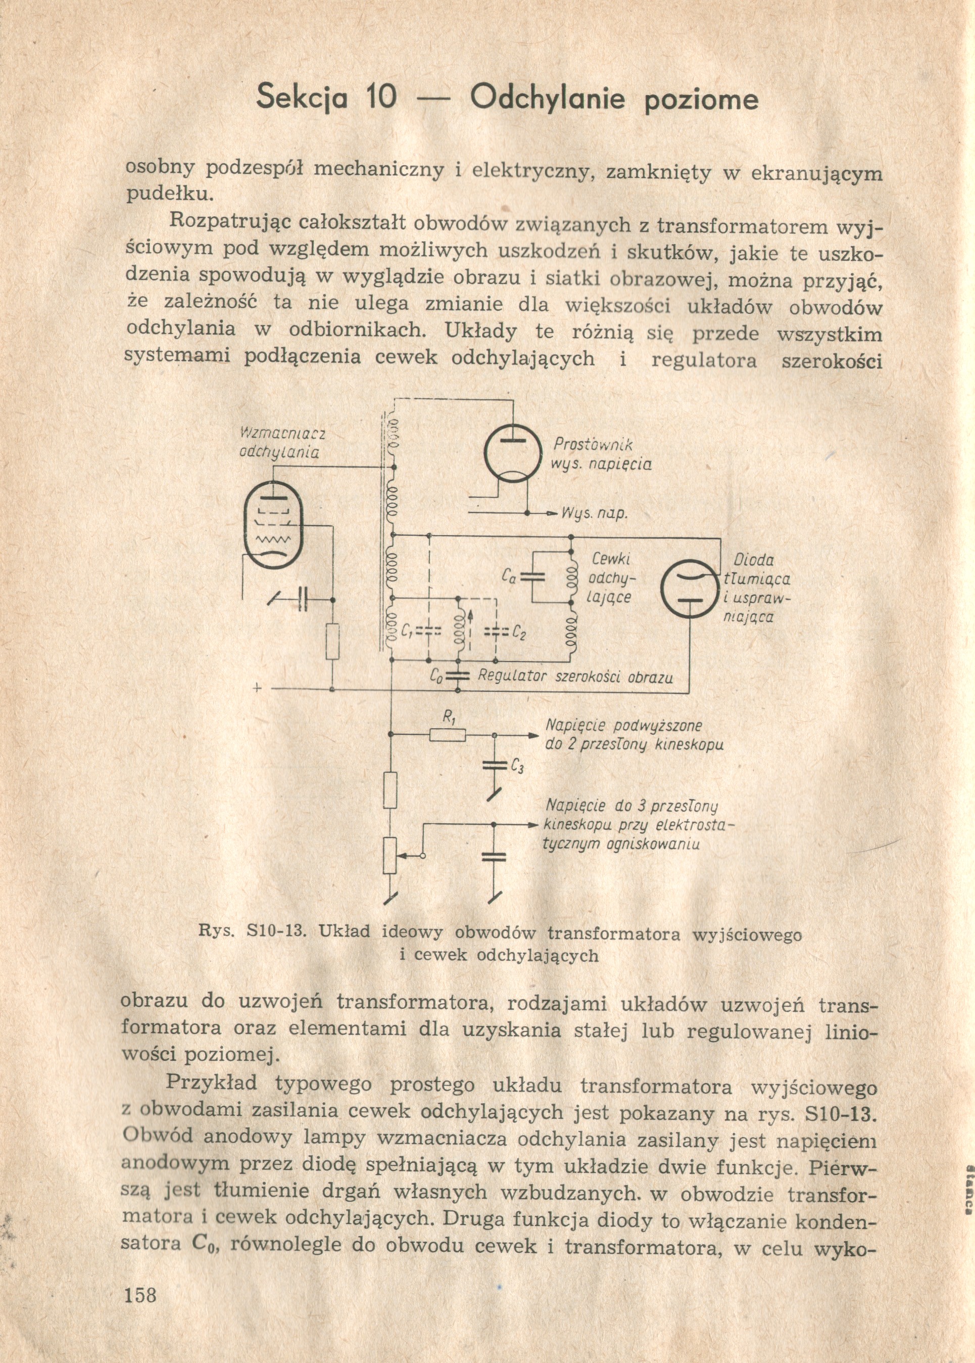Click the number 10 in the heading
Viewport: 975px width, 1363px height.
point(380,99)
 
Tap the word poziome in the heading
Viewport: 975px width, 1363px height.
point(701,101)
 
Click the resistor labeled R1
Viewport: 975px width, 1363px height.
point(448,734)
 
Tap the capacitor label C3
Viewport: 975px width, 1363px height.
point(517,767)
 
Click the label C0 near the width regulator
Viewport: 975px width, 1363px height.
point(437,676)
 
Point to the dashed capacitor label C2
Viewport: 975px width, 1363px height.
point(520,633)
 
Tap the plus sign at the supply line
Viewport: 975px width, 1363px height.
point(258,689)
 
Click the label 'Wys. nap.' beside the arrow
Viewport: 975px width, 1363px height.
point(595,514)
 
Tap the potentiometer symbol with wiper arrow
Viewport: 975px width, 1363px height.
point(390,855)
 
